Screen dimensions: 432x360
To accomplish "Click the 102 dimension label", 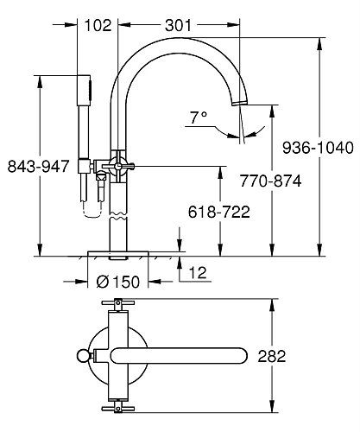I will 99,26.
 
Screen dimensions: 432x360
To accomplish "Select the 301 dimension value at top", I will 178,26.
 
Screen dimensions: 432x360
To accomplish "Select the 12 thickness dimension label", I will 198,274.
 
